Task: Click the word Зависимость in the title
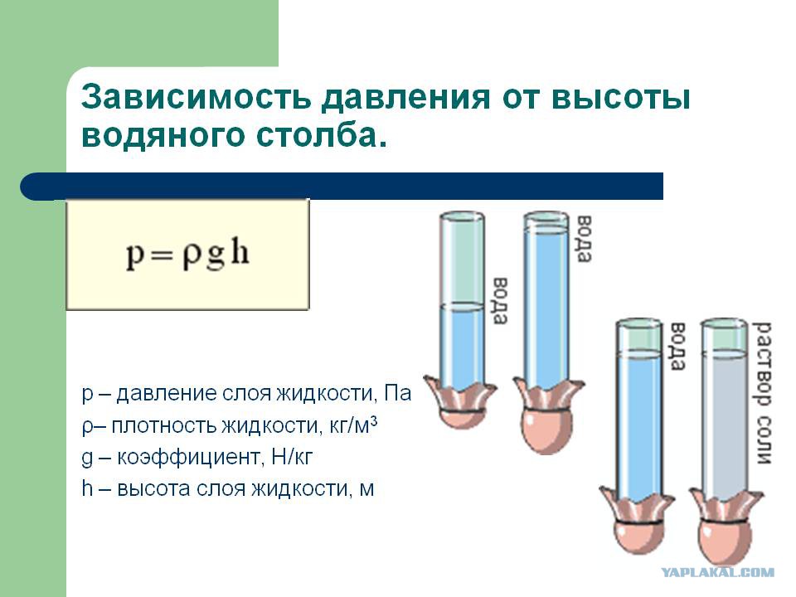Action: tap(196, 97)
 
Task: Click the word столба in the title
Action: tap(316, 133)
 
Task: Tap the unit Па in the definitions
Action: tap(397, 393)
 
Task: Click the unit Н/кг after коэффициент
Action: tap(292, 458)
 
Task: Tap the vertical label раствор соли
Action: tap(763, 392)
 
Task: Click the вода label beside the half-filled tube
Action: tap(499, 300)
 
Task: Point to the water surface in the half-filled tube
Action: tap(462, 306)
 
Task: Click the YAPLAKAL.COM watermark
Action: tap(716, 573)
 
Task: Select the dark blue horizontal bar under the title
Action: tap(342, 187)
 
